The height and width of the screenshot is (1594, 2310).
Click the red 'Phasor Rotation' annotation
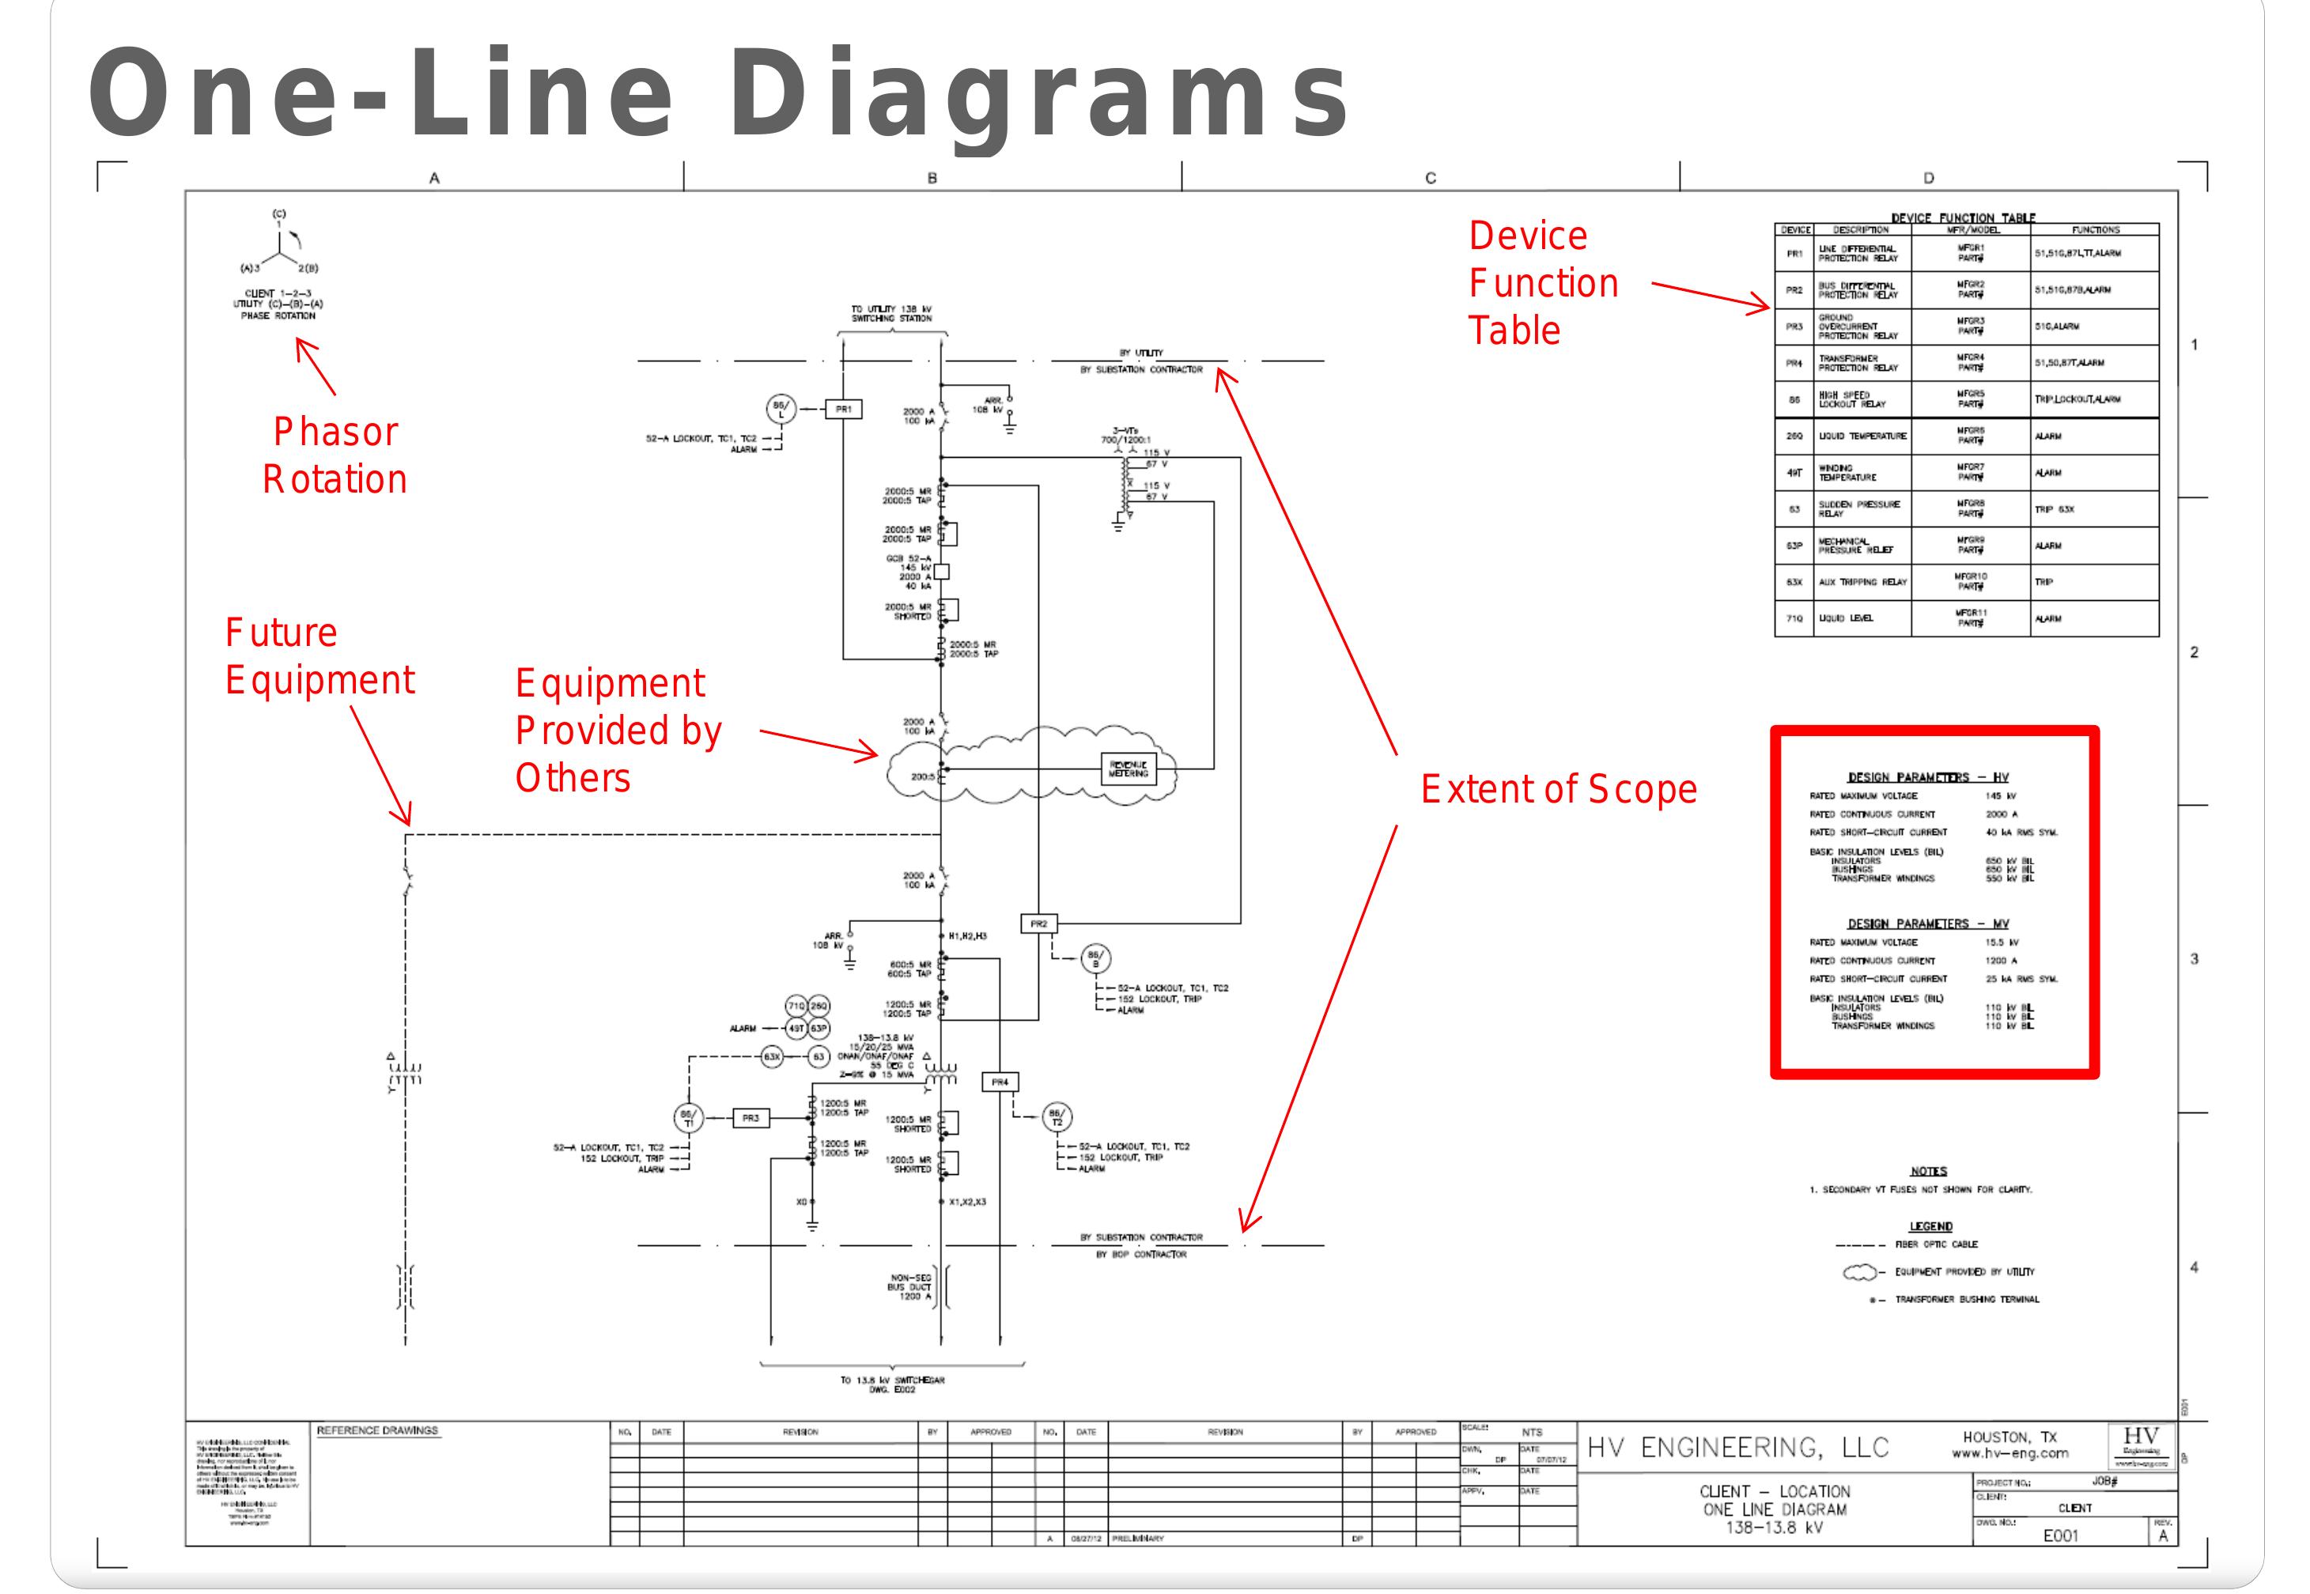pyautogui.click(x=335, y=455)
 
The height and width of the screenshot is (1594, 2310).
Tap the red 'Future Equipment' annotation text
pyautogui.click(x=319, y=656)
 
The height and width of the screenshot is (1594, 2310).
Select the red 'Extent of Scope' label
pyautogui.click(x=1558, y=789)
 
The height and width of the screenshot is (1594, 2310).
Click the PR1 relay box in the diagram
pyautogui.click(x=843, y=409)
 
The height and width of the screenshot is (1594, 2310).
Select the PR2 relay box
pyautogui.click(x=1038, y=924)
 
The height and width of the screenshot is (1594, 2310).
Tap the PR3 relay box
pyautogui.click(x=750, y=1119)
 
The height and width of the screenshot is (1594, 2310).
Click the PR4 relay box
pyautogui.click(x=1000, y=1082)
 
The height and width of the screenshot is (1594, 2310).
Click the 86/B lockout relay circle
pyautogui.click(x=1095, y=960)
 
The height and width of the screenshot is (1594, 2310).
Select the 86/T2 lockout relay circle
pyautogui.click(x=1056, y=1117)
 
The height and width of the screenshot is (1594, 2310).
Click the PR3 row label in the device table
pyautogui.click(x=1794, y=327)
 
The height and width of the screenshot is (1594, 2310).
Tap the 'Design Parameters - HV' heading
pyautogui.click(x=1927, y=777)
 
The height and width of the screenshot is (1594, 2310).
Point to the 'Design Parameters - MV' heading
pyautogui.click(x=1927, y=924)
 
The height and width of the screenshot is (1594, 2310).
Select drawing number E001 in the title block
pyautogui.click(x=2060, y=1535)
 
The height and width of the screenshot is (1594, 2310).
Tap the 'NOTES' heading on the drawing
pyautogui.click(x=1929, y=1170)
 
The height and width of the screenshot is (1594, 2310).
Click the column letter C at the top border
pyautogui.click(x=1430, y=179)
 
